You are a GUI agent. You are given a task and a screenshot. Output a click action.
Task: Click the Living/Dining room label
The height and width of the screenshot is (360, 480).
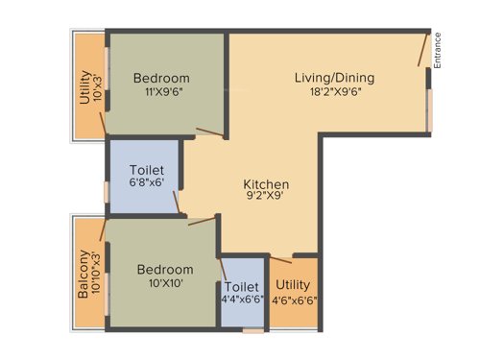334,78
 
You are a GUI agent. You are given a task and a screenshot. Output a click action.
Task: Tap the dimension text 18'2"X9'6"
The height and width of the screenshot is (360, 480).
334,94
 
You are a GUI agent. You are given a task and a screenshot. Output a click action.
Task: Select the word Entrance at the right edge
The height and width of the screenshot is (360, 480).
437,50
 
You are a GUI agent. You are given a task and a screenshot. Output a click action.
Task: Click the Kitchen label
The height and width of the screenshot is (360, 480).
266,184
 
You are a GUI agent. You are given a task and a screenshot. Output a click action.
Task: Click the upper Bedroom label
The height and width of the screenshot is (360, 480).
161,78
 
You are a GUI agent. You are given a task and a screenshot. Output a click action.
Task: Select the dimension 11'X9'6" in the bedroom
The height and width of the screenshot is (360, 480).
161,94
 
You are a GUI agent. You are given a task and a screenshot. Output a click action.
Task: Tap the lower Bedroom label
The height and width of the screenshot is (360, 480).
164,270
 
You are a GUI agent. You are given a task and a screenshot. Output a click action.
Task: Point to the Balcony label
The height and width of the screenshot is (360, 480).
84,275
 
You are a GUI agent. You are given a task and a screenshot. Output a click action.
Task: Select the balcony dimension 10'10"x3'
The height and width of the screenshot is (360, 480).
97,275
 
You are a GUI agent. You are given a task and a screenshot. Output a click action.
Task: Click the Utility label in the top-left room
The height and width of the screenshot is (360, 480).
84,87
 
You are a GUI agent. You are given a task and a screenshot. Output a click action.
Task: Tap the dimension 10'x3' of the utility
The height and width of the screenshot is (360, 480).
97,87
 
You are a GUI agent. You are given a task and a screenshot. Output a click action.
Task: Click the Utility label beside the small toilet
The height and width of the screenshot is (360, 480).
292,285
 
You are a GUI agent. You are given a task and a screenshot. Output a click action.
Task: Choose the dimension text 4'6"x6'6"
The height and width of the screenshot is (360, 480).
292,300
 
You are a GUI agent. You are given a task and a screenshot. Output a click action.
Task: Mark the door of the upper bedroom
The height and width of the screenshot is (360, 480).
209,132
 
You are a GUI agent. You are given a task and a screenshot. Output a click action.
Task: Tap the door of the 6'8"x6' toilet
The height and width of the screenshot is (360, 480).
177,200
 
